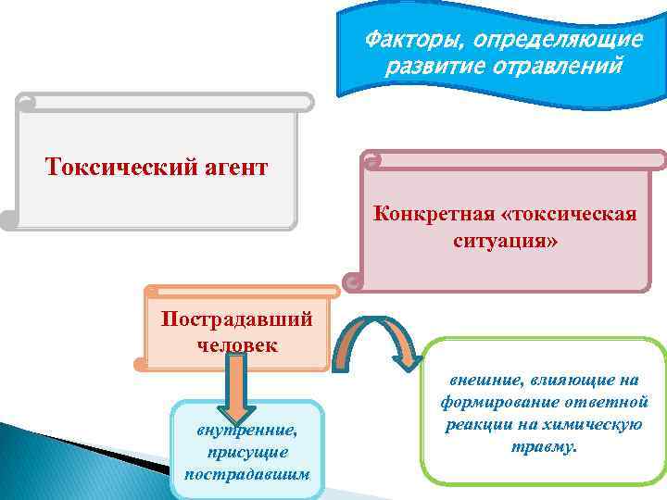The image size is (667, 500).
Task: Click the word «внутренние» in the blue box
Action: coord(245,431)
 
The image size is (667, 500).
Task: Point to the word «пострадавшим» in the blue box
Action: coord(246,475)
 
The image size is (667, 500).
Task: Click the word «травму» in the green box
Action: coord(543,446)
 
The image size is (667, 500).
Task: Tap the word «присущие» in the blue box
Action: coord(246,453)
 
